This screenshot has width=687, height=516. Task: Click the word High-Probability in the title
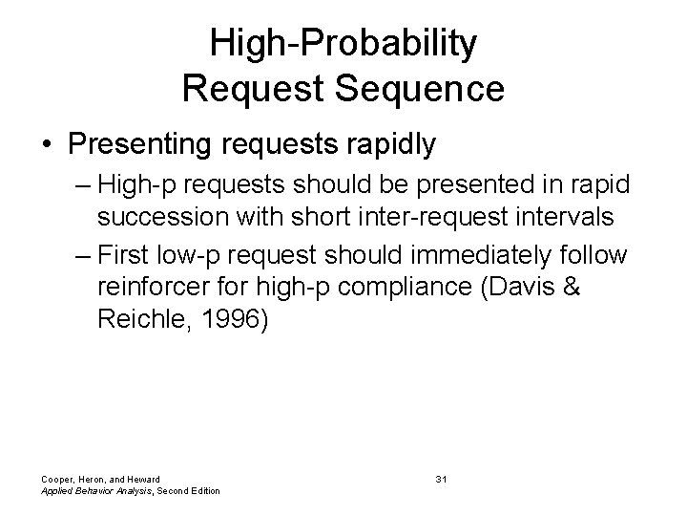pyautogui.click(x=343, y=44)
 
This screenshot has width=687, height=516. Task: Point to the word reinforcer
pyautogui.click(x=147, y=289)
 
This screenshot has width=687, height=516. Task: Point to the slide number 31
pyautogui.click(x=441, y=478)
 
